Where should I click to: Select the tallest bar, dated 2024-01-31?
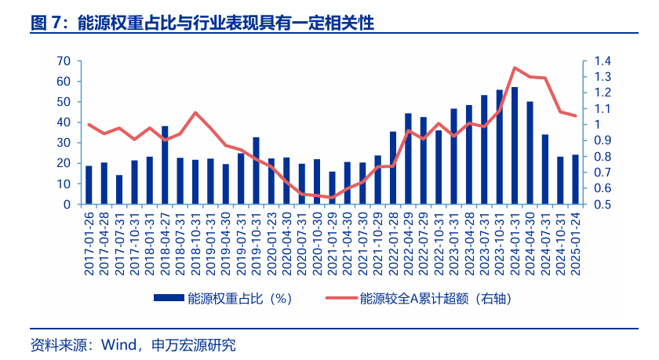pyautogui.click(x=515, y=146)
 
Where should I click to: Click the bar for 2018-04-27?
pyautogui.click(x=165, y=165)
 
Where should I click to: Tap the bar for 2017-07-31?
pyautogui.click(x=119, y=190)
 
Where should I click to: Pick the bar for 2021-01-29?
pyautogui.click(x=332, y=188)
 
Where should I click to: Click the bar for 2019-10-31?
pyautogui.click(x=256, y=171)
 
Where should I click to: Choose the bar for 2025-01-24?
pyautogui.click(x=575, y=180)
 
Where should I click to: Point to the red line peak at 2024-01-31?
pyautogui.click(x=515, y=67)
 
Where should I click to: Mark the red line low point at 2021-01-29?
pyautogui.click(x=332, y=198)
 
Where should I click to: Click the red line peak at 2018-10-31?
pyautogui.click(x=195, y=113)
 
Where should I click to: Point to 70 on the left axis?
pyautogui.click(x=64, y=61)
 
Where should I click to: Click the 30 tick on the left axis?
pyautogui.click(x=64, y=143)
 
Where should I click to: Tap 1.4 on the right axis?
pyautogui.click(x=603, y=61)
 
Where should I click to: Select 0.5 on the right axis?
pyautogui.click(x=603, y=205)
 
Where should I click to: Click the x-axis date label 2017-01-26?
pyautogui.click(x=89, y=244)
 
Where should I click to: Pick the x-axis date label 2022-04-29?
pyautogui.click(x=408, y=244)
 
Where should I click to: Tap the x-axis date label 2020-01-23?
pyautogui.click(x=271, y=244)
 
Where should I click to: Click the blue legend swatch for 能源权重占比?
pyautogui.click(x=169, y=298)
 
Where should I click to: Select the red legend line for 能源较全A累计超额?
pyautogui.click(x=341, y=298)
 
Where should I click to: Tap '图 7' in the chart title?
pyautogui.click(x=46, y=23)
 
